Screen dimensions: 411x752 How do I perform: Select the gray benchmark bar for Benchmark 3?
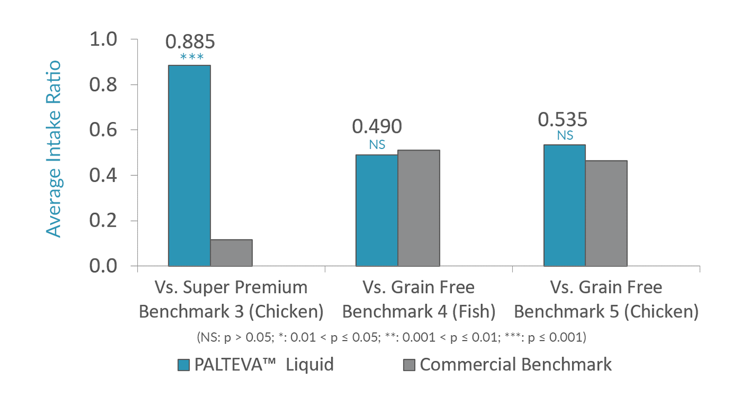[231, 252]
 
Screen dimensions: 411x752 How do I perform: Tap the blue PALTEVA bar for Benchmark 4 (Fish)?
[377, 210]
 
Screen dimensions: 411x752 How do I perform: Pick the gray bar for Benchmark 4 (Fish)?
[419, 208]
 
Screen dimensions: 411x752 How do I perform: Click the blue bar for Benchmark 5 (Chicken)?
[564, 205]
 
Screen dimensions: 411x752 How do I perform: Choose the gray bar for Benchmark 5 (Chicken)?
[606, 213]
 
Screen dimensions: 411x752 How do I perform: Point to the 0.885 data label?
[190, 42]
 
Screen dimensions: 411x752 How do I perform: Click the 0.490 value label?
[377, 127]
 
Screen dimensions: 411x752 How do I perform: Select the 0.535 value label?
[563, 120]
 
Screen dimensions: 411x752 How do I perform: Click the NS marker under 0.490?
[377, 145]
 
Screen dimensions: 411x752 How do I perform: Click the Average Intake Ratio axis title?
[53, 149]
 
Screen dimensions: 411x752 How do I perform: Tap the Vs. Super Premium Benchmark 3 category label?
[231, 299]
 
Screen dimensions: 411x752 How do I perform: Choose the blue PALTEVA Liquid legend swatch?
[184, 365]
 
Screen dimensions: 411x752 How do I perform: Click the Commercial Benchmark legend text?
[515, 365]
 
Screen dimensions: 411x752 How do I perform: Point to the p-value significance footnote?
[391, 337]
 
